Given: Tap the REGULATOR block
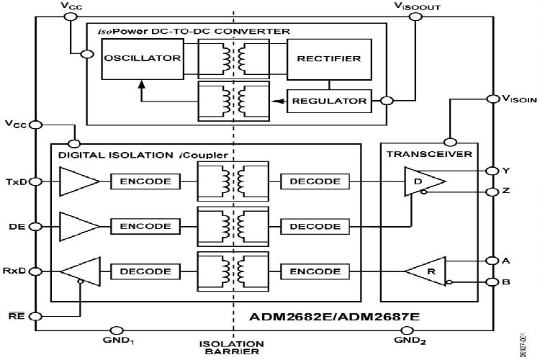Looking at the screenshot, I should click(329, 101).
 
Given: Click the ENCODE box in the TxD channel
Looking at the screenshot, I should click(145, 181).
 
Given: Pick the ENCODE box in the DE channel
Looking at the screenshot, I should click(145, 226).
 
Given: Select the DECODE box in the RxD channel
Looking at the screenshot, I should click(145, 271).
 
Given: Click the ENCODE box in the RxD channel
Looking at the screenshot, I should click(315, 271).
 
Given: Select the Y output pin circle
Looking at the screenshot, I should click(492, 171).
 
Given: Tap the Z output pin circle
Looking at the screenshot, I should click(492, 192).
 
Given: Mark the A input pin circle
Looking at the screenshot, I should click(492, 260).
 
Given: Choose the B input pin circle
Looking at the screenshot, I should click(492, 282).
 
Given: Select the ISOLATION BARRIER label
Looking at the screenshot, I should click(233, 348).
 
